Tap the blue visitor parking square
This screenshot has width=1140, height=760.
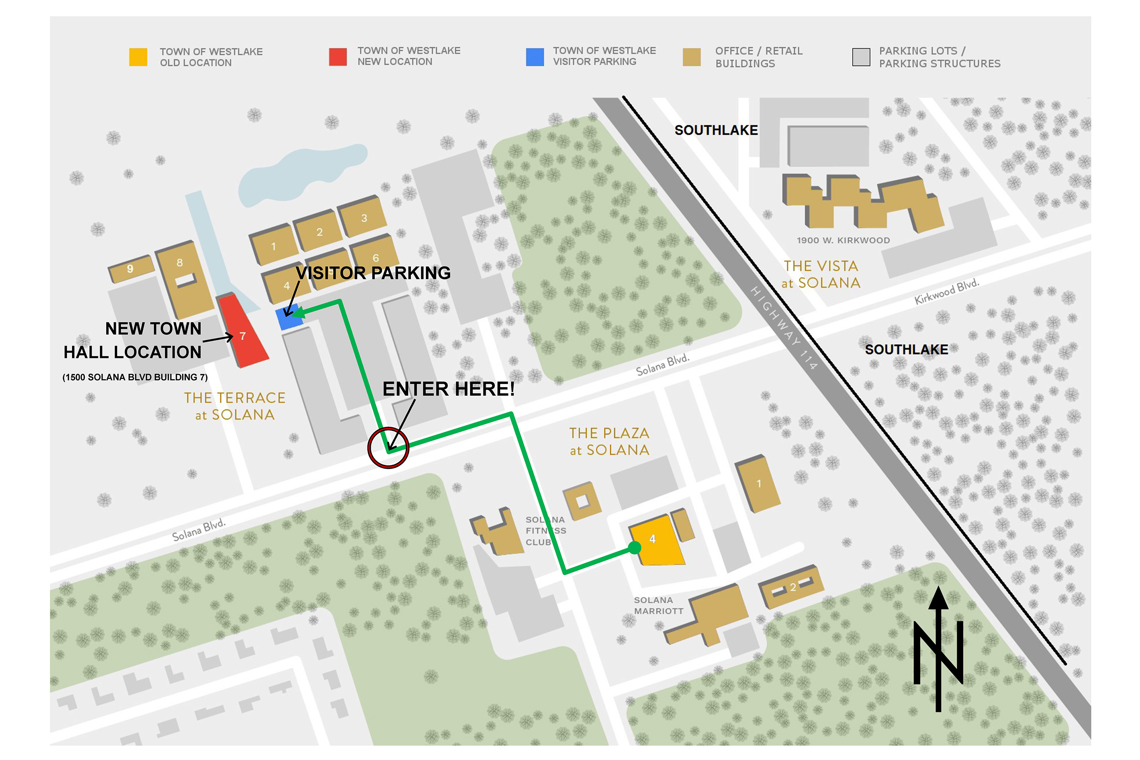[x=288, y=318]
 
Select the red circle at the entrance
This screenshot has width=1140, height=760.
[x=388, y=447]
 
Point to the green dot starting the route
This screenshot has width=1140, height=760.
[x=634, y=548]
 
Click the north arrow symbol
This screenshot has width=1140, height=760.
[x=938, y=650]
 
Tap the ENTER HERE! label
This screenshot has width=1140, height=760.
[x=448, y=389]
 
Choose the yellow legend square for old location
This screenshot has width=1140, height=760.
[x=138, y=57]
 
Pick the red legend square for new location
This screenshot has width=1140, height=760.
[x=337, y=57]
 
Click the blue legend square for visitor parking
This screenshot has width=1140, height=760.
[x=534, y=57]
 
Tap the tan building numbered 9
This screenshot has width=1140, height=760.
[x=130, y=269]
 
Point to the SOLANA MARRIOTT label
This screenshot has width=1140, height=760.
[x=658, y=605]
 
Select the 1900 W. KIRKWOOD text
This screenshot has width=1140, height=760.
[x=843, y=240]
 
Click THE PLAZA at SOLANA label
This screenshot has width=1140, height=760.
[x=609, y=441]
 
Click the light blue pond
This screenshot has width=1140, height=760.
[x=301, y=175]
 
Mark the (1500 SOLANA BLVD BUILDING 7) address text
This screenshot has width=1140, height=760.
[x=135, y=377]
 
